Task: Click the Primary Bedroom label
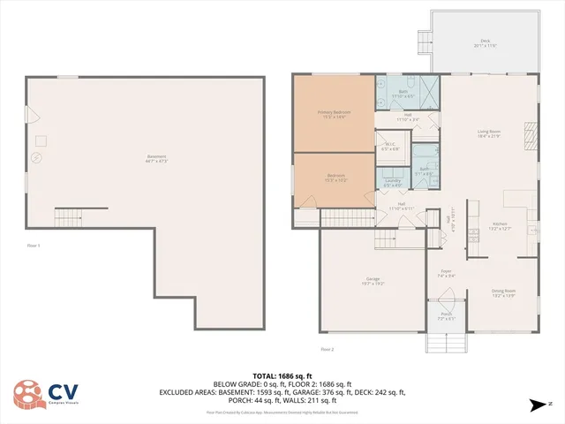click(x=334, y=112)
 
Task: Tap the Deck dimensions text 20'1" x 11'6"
click(x=485, y=45)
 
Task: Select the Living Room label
click(x=488, y=131)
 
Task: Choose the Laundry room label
click(x=394, y=181)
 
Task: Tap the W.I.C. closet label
click(x=390, y=145)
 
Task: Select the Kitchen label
click(x=500, y=224)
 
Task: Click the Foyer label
click(x=446, y=272)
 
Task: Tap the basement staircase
click(x=67, y=216)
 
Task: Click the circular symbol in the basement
click(x=36, y=157)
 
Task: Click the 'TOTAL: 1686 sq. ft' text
click(x=282, y=375)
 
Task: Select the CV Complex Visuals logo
click(x=49, y=394)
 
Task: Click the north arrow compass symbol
click(x=535, y=405)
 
